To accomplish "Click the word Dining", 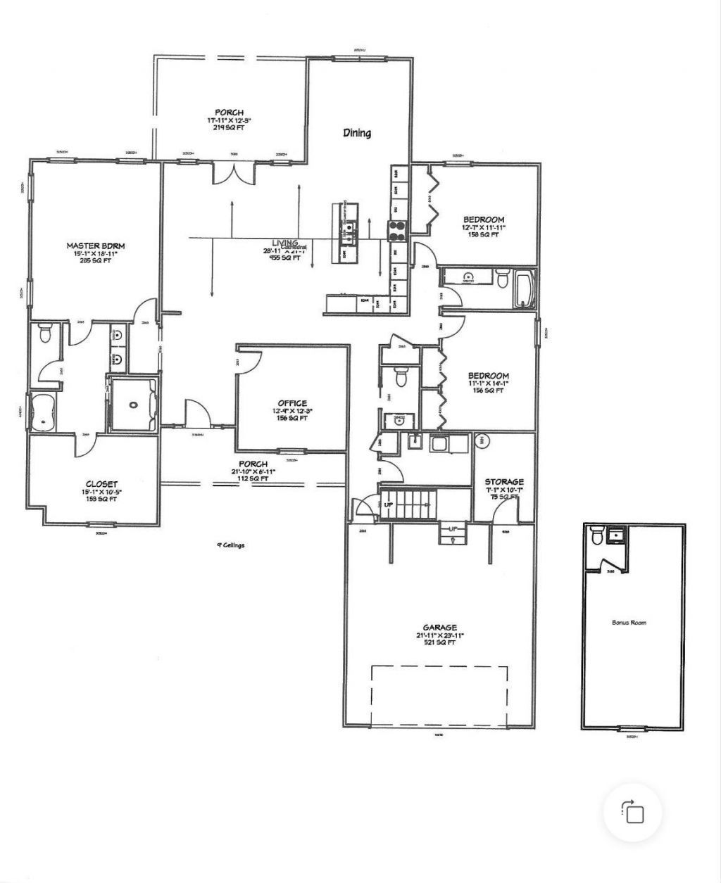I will click(x=357, y=133).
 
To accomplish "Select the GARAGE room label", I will click(x=440, y=628).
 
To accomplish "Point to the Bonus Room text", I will click(x=629, y=623).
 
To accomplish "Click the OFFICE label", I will click(x=292, y=403).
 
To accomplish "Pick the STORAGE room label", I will click(x=503, y=482).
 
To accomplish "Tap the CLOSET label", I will click(x=96, y=484).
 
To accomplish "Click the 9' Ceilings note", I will click(x=230, y=545).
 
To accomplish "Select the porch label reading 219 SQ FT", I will click(x=230, y=113).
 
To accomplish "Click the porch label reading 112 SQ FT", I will click(x=253, y=464).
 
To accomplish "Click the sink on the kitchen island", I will click(x=349, y=227).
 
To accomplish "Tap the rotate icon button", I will click(x=633, y=813).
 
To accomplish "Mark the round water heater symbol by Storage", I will click(x=484, y=441).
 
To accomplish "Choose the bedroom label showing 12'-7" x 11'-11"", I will click(x=483, y=220).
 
